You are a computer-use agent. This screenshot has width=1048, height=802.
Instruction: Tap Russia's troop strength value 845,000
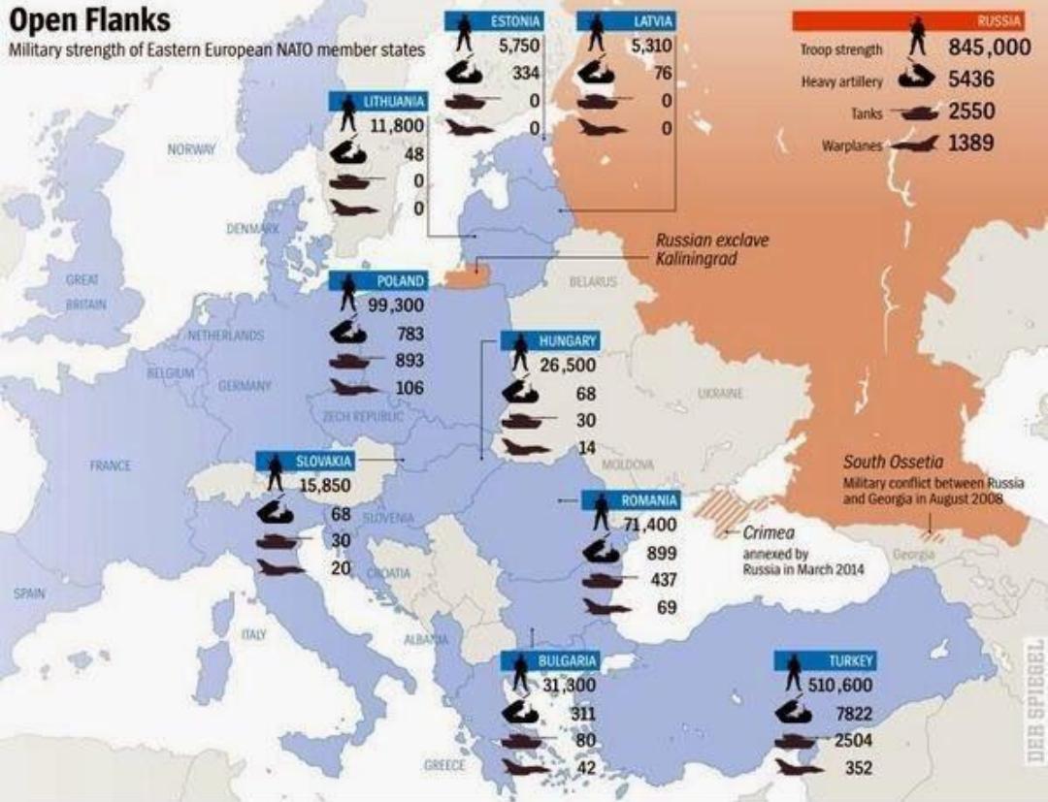(x=989, y=48)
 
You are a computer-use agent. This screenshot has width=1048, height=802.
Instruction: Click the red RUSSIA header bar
(x=908, y=21)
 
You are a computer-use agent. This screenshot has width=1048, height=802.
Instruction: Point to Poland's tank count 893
(x=409, y=361)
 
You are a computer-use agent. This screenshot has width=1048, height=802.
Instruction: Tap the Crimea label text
(x=770, y=532)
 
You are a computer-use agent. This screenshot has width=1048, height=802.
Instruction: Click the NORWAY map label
(x=191, y=149)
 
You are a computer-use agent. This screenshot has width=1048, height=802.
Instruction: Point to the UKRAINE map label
(x=720, y=394)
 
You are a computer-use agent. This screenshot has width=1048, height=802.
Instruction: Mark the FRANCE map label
(x=111, y=465)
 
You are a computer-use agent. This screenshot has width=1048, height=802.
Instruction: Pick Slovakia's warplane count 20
(x=340, y=568)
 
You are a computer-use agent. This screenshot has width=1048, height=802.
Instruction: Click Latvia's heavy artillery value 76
(x=663, y=73)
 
